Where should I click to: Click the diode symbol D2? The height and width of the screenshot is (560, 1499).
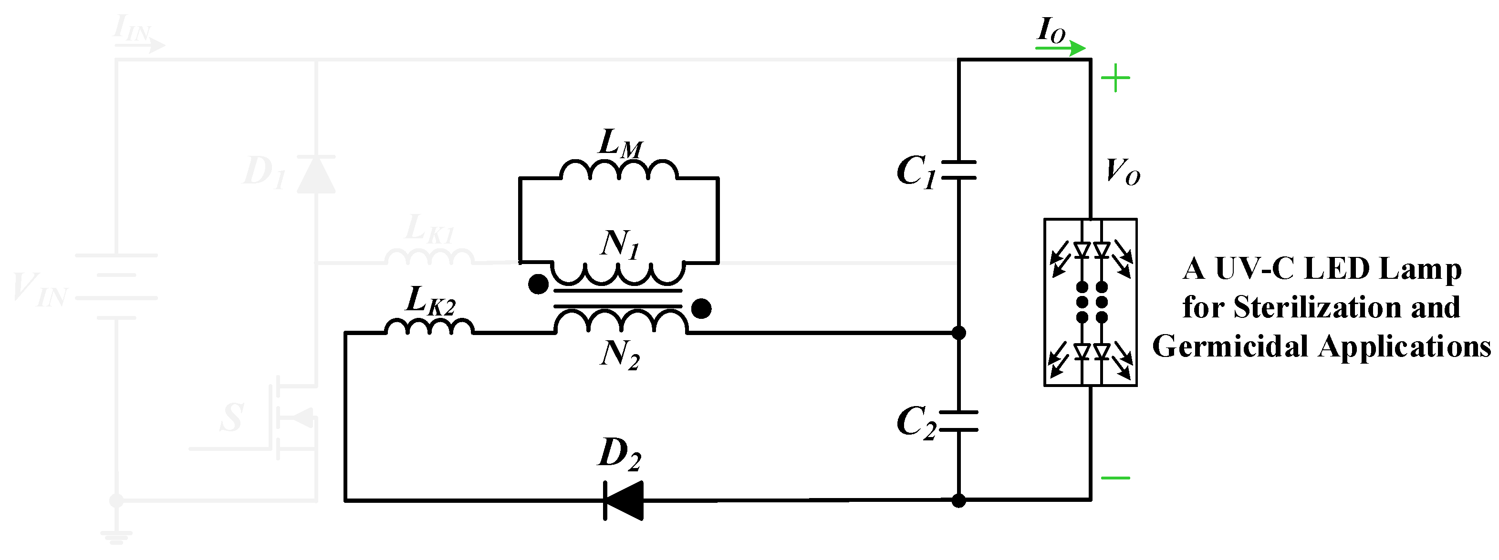click(623, 500)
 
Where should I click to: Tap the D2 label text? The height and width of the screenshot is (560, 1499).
click(619, 454)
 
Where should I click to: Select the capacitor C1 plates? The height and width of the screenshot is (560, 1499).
click(958, 169)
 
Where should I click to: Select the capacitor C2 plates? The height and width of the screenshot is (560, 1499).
click(958, 421)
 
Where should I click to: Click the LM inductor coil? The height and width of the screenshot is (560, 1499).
click(619, 170)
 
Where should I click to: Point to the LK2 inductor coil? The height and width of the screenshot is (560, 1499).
click(429, 327)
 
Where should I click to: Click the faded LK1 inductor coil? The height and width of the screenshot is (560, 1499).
click(429, 257)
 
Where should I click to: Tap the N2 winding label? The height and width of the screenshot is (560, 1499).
click(619, 354)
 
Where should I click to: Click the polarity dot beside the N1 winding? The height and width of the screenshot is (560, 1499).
click(538, 285)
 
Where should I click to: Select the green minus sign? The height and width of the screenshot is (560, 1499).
click(1115, 478)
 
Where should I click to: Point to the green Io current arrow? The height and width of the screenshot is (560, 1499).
click(1060, 48)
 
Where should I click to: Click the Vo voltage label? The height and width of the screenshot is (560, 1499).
click(1122, 172)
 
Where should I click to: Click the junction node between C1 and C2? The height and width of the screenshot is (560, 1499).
click(958, 333)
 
